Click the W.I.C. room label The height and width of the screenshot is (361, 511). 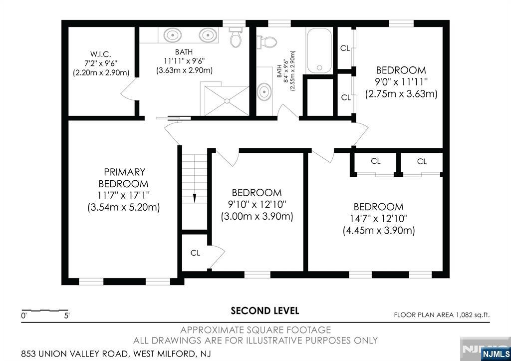coord(101,54)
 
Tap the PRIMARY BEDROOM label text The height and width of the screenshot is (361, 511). coord(124,178)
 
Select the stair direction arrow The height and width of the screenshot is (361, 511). coord(195,198)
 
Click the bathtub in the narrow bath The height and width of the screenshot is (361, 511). coord(319,50)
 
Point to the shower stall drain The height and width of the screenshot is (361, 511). coord(227,101)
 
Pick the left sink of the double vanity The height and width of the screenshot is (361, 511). coord(172,35)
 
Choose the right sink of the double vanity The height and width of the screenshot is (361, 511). coord(208,35)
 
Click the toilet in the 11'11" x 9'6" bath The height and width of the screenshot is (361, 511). coord(236,37)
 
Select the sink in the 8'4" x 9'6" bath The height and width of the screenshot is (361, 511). coord(264,92)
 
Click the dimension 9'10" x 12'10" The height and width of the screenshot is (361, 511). coord(257,205)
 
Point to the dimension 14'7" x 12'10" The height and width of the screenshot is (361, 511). coord(379,219)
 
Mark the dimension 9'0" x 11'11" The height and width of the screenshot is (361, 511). coord(401,82)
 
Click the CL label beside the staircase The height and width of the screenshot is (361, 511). coord(195,253)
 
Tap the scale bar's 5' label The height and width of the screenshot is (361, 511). coord(67,316)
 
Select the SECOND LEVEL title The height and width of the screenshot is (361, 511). coord(264,311)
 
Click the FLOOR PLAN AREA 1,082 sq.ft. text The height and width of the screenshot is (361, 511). coord(442,315)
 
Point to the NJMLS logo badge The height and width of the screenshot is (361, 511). coord(496,354)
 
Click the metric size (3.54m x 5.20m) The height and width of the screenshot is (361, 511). coord(124,207)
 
